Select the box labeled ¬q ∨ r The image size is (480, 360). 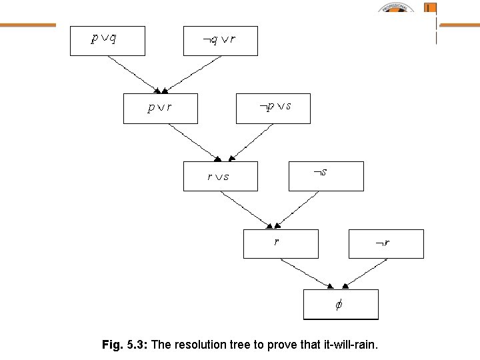pyautogui.click(x=220, y=40)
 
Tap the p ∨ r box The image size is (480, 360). pyautogui.click(x=160, y=108)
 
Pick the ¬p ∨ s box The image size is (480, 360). pyautogui.click(x=273, y=108)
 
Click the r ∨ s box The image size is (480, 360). pyautogui.click(x=220, y=176)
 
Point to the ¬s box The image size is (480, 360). pyautogui.click(x=325, y=176)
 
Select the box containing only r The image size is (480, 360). pyautogui.click(x=280, y=243)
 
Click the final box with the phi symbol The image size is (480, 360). pyautogui.click(x=340, y=305)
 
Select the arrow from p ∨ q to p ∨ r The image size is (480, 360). pyautogui.click(x=133, y=73)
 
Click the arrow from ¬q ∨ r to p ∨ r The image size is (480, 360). pyautogui.click(x=193, y=73)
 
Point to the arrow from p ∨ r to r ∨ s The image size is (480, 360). pyautogui.click(x=190, y=141)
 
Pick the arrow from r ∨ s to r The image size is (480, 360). pyautogui.click(x=247, y=209)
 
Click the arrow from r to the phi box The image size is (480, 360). pyautogui.click(x=307, y=273)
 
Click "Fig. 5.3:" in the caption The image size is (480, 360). pyautogui.click(x=126, y=345)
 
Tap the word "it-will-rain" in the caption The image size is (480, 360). pyautogui.click(x=350, y=345)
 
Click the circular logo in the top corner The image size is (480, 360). pyautogui.click(x=397, y=9)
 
